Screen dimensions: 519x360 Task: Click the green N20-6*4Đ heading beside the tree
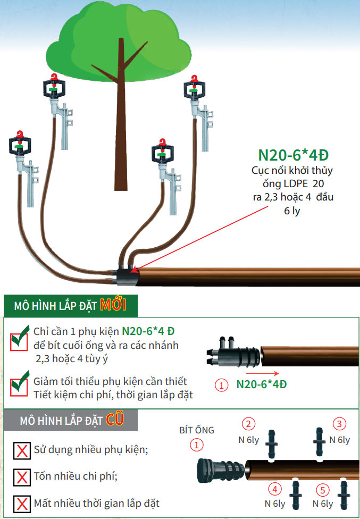(293, 155)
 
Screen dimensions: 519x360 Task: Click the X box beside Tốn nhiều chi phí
(22, 476)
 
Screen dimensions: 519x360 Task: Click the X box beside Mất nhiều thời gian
(22, 503)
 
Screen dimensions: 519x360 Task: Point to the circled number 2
(248, 424)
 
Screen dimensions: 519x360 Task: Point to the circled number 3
(339, 423)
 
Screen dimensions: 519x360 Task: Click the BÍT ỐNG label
(197, 430)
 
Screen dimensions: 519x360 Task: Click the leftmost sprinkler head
(21, 145)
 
